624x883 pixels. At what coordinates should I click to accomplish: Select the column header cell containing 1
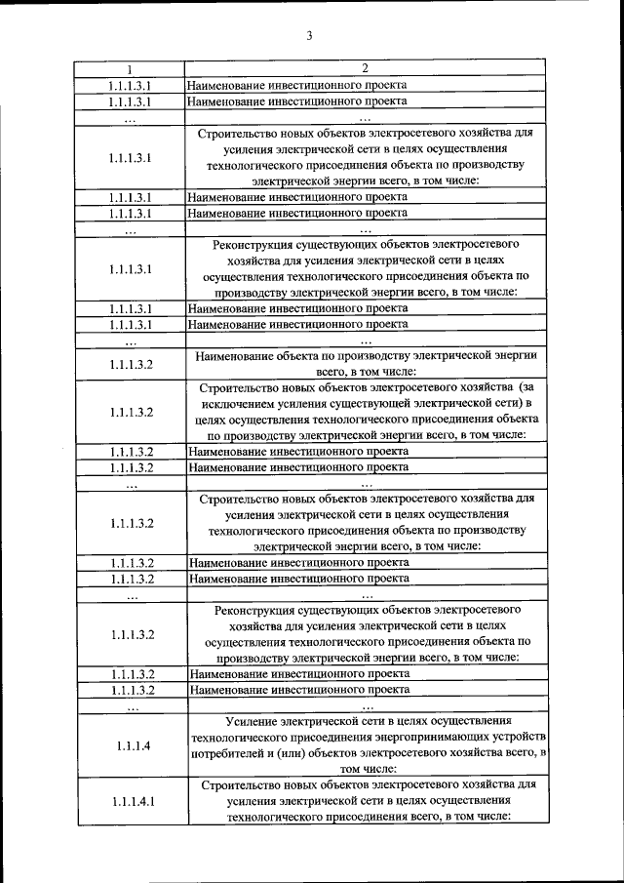pos(130,69)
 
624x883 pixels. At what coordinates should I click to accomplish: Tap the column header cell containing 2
pos(365,68)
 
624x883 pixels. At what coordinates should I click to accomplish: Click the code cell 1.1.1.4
pos(131,746)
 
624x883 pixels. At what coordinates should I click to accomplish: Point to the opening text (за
pos(526,387)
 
